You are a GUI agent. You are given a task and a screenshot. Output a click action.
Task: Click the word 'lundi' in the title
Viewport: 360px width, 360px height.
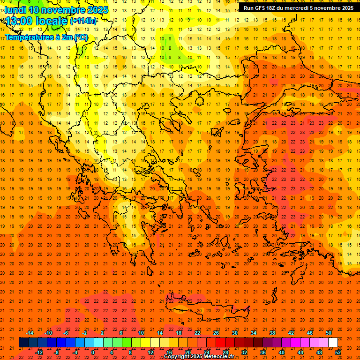[15, 10]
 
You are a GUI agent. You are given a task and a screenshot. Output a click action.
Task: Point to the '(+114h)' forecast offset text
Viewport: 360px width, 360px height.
[83, 21]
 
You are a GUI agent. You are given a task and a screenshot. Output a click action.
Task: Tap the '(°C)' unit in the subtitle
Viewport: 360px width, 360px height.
[80, 37]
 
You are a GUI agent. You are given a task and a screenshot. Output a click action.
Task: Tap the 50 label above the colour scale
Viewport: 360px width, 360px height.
[328, 333]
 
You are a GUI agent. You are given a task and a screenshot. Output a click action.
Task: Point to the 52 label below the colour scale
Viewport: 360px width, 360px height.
[338, 352]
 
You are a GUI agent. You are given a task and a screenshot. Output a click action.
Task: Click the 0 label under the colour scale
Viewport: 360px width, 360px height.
[93, 352]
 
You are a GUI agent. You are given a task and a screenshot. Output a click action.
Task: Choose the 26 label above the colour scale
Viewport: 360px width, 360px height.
[216, 333]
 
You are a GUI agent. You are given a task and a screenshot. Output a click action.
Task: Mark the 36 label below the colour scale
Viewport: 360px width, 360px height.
[263, 352]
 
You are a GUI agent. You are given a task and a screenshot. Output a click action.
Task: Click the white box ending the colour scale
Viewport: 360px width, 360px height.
[333, 343]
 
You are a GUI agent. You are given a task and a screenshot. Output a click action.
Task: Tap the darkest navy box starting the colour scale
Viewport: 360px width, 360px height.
[23, 343]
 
